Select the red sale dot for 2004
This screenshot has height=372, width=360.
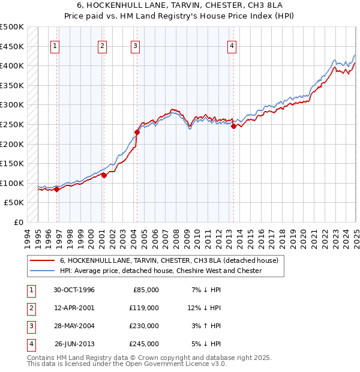pos(137,132)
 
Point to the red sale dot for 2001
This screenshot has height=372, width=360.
pos(104,175)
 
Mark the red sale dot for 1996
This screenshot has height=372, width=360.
pos(57,189)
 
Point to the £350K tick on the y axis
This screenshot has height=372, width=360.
pos(12,85)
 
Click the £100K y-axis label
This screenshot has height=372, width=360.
pos(12,183)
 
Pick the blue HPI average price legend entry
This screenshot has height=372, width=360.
pos(160,271)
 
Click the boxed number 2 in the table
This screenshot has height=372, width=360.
pos(30,308)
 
